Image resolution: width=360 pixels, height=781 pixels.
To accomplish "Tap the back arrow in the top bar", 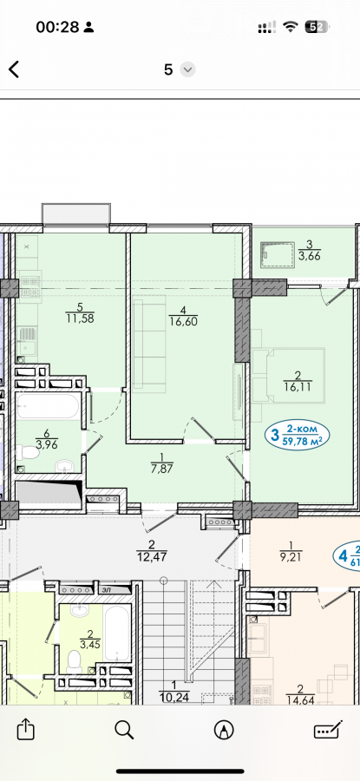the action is pyautogui.click(x=14, y=69).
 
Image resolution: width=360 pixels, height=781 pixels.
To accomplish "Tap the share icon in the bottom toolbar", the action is pyautogui.click(x=25, y=730).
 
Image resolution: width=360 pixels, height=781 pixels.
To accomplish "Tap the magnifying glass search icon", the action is pyautogui.click(x=124, y=730).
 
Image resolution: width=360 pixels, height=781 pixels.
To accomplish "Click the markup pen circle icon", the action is pyautogui.click(x=224, y=730).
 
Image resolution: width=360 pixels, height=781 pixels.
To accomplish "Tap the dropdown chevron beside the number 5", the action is pyautogui.click(x=187, y=69).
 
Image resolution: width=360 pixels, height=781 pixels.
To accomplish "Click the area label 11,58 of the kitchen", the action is pyautogui.click(x=80, y=318).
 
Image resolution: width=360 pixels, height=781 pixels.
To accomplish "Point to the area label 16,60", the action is pyautogui.click(x=183, y=321).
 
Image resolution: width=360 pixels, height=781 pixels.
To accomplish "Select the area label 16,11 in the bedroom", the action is pyautogui.click(x=297, y=386).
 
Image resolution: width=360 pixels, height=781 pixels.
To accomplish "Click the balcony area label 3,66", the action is pyautogui.click(x=309, y=257).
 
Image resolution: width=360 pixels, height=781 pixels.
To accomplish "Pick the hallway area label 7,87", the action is pyautogui.click(x=161, y=468).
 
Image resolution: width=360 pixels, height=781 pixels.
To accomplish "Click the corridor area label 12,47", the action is pyautogui.click(x=151, y=556).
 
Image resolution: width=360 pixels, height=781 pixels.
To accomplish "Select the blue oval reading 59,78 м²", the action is pyautogui.click(x=298, y=435).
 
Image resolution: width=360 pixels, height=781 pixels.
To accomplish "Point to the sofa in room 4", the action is pyautogui.click(x=149, y=343).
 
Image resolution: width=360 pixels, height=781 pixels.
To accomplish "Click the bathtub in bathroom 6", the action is pyautogui.click(x=48, y=406).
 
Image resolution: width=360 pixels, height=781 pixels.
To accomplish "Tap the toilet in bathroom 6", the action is pyautogui.click(x=28, y=453).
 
